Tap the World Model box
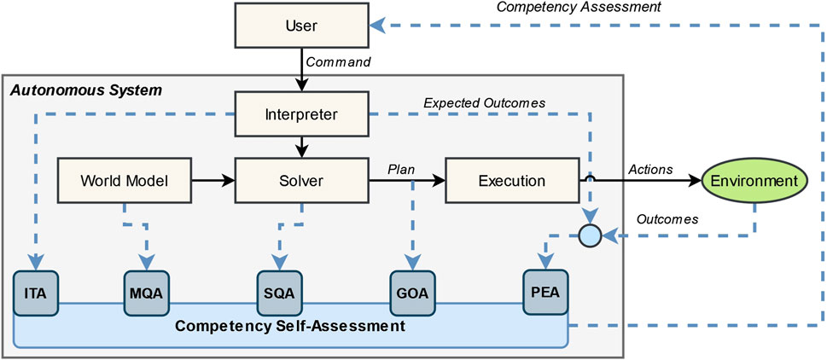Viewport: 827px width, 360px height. click(124, 181)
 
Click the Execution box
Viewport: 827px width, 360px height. click(512, 181)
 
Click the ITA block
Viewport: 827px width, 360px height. click(36, 292)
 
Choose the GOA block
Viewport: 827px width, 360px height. click(412, 292)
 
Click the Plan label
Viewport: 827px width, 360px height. click(400, 169)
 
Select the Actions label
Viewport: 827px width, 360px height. click(650, 169)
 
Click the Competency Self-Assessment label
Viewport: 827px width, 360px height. click(290, 326)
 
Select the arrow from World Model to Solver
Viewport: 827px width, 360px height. click(213, 181)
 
